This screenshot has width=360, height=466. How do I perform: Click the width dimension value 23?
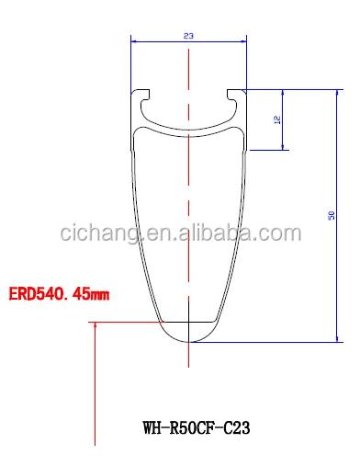pos(188,36)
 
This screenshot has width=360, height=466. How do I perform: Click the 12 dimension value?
pos(277,119)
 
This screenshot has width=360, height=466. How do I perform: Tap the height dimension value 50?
pos(332,215)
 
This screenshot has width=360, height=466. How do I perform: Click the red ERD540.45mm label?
pos(59,294)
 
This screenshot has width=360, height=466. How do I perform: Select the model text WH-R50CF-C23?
pos(197,427)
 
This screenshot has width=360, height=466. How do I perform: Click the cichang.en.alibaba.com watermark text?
pos(181,233)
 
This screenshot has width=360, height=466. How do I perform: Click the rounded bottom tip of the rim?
pos(188,341)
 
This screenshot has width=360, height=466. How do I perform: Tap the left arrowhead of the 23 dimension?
pos(133,42)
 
